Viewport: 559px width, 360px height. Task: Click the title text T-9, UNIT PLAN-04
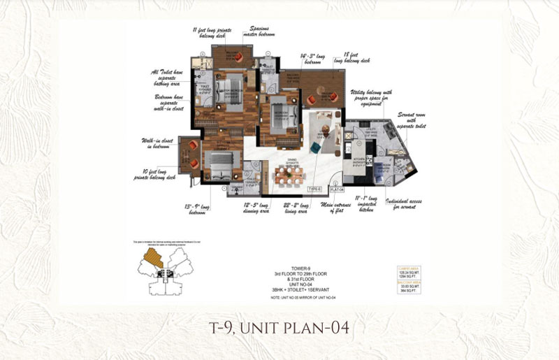[x=279, y=328]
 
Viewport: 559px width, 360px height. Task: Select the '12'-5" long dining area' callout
[x=257, y=208]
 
